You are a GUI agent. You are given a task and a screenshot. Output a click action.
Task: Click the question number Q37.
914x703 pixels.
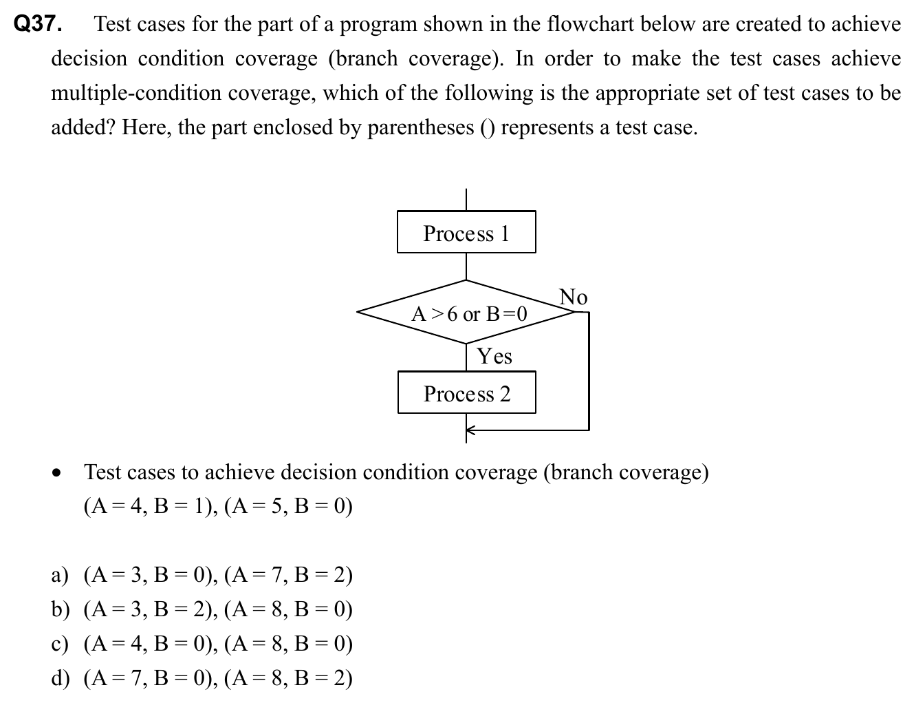click(x=38, y=25)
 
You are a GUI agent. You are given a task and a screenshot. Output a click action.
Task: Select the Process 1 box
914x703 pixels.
click(x=466, y=233)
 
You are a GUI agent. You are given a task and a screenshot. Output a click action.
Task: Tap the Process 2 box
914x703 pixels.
click(x=466, y=393)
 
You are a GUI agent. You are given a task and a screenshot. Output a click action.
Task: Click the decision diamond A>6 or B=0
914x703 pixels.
click(x=466, y=313)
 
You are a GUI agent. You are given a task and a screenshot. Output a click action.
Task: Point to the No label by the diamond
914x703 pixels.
click(x=573, y=297)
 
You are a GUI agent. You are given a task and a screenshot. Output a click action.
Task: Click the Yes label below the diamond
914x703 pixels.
click(x=494, y=356)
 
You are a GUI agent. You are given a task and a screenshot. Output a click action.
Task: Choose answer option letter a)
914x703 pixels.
click(x=61, y=575)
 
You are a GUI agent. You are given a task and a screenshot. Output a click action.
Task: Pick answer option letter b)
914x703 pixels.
click(x=61, y=609)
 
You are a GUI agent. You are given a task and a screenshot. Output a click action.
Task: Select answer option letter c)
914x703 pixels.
click(x=61, y=644)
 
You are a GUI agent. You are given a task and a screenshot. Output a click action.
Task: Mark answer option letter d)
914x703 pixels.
click(x=61, y=678)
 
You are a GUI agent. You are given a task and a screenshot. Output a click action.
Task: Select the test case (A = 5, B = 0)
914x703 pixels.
click(x=288, y=507)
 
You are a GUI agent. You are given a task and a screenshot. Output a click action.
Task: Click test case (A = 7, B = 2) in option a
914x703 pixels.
click(x=288, y=575)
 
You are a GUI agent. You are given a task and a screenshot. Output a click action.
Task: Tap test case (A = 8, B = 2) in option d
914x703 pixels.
click(x=288, y=678)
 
